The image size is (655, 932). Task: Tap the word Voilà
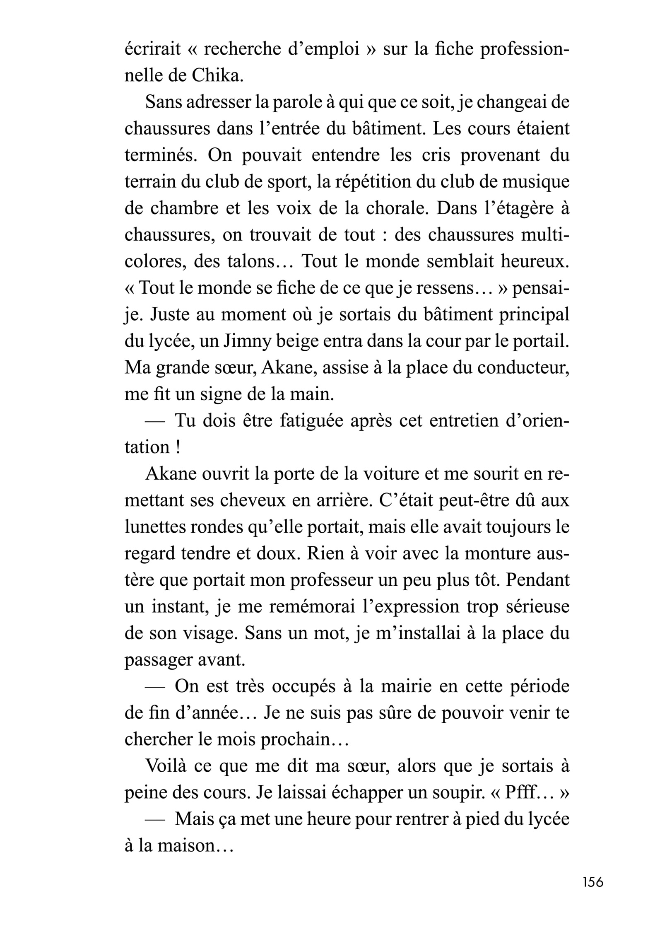169,766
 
